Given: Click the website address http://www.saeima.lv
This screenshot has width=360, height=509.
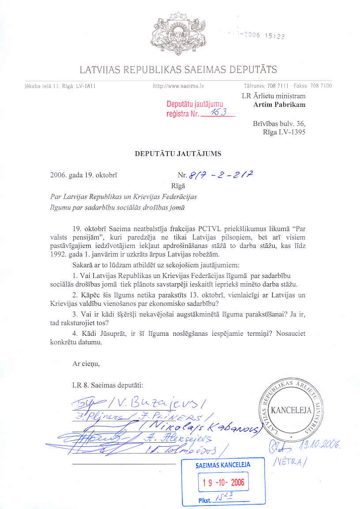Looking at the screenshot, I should coord(178,86).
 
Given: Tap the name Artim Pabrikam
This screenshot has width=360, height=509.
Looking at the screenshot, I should coord(279,105).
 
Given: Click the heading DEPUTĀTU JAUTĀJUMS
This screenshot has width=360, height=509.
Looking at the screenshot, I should coord(178,154).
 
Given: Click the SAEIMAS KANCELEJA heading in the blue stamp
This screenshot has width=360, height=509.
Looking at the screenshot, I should coord(223,465).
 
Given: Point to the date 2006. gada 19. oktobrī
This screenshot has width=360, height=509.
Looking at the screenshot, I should coord(84,175).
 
